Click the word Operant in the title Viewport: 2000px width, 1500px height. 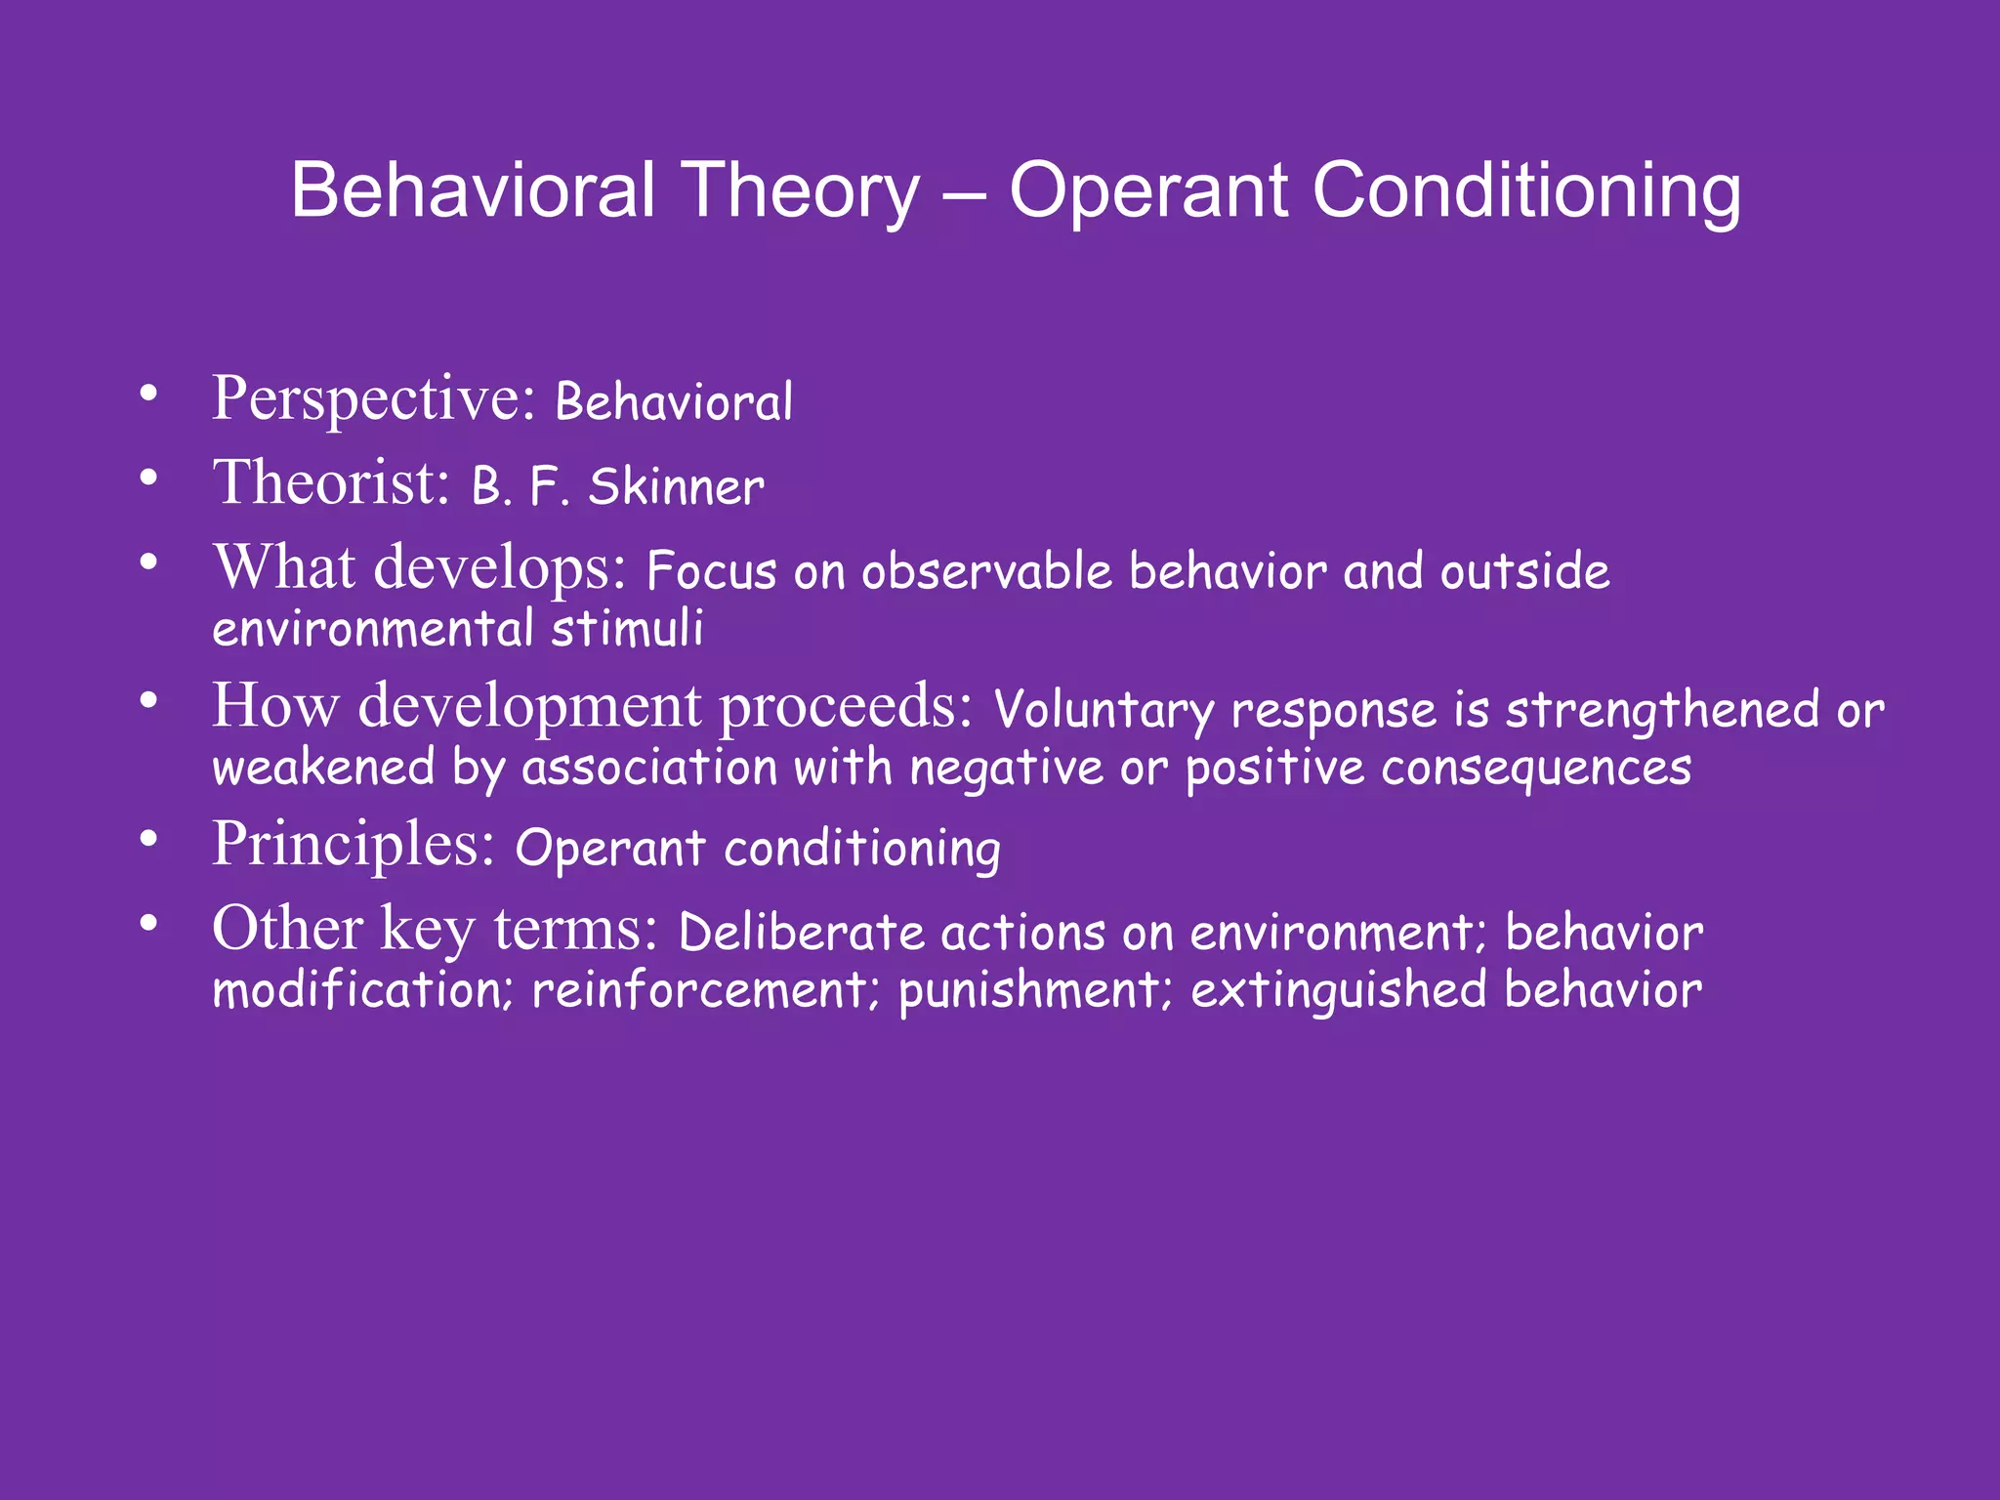(1148, 192)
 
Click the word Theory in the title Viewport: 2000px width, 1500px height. (801, 192)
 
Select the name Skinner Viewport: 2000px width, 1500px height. (676, 487)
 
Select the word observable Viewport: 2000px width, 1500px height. (986, 571)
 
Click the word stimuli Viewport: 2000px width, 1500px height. (627, 629)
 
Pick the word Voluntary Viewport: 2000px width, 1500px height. (1104, 711)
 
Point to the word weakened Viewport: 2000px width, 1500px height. (323, 768)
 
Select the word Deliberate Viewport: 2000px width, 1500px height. (801, 933)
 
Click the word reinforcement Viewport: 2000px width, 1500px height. (699, 991)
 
